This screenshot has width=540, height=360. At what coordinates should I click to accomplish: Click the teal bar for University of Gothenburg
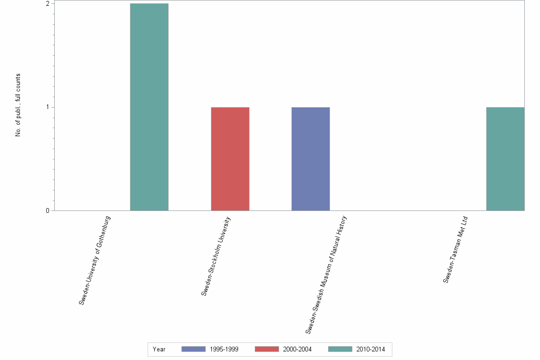(149, 107)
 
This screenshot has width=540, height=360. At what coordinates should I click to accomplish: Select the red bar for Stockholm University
(230, 159)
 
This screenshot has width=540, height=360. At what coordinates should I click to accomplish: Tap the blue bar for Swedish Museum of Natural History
(310, 159)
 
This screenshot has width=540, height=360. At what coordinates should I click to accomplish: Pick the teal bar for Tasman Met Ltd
(505, 159)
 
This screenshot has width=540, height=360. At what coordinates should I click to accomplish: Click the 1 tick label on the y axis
(48, 107)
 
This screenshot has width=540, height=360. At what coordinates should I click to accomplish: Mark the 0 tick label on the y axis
(48, 210)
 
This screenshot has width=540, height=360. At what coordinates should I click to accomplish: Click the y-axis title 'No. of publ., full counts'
(18, 105)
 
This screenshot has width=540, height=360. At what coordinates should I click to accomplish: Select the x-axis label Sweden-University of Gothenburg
(95, 260)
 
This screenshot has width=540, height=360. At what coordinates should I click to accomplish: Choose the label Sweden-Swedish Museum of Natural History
(326, 274)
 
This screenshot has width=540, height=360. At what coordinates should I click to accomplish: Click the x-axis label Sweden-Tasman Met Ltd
(456, 250)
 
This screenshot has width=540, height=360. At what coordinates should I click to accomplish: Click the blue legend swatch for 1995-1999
(193, 349)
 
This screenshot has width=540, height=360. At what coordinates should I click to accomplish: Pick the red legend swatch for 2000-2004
(267, 349)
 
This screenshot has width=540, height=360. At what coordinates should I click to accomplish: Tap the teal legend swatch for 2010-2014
(340, 349)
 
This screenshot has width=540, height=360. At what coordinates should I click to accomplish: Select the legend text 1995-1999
(224, 350)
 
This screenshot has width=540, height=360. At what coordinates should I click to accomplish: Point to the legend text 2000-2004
(297, 350)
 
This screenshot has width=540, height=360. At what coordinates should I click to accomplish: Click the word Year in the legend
(159, 350)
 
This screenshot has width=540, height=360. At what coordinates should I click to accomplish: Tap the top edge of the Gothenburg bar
(149, 4)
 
